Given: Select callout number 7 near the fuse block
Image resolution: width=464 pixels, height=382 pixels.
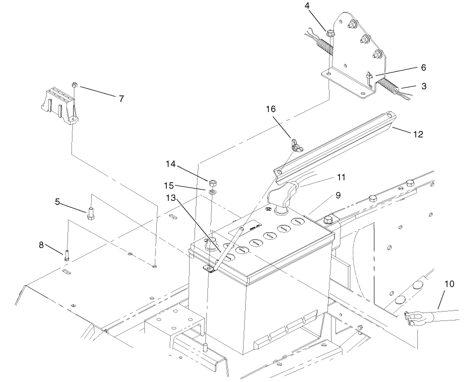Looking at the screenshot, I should [121, 98].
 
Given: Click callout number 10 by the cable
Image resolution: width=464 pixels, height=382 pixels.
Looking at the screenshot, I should [449, 284].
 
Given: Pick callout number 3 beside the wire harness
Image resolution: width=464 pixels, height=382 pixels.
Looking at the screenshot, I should [423, 86].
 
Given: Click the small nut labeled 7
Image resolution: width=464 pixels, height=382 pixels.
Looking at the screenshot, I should [73, 85].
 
